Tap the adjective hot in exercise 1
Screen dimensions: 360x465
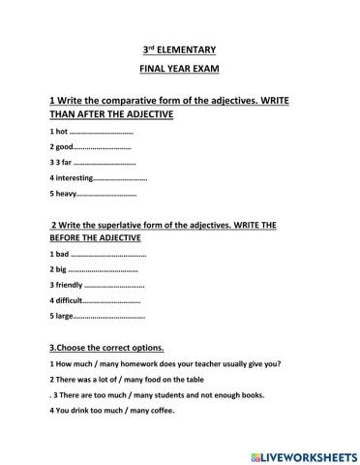(60, 131)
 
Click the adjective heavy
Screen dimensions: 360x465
(65, 195)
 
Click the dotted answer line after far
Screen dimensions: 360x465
(105, 164)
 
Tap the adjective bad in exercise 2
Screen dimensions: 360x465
(61, 254)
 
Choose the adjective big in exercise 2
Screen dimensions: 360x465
(60, 269)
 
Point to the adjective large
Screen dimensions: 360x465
(62, 317)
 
